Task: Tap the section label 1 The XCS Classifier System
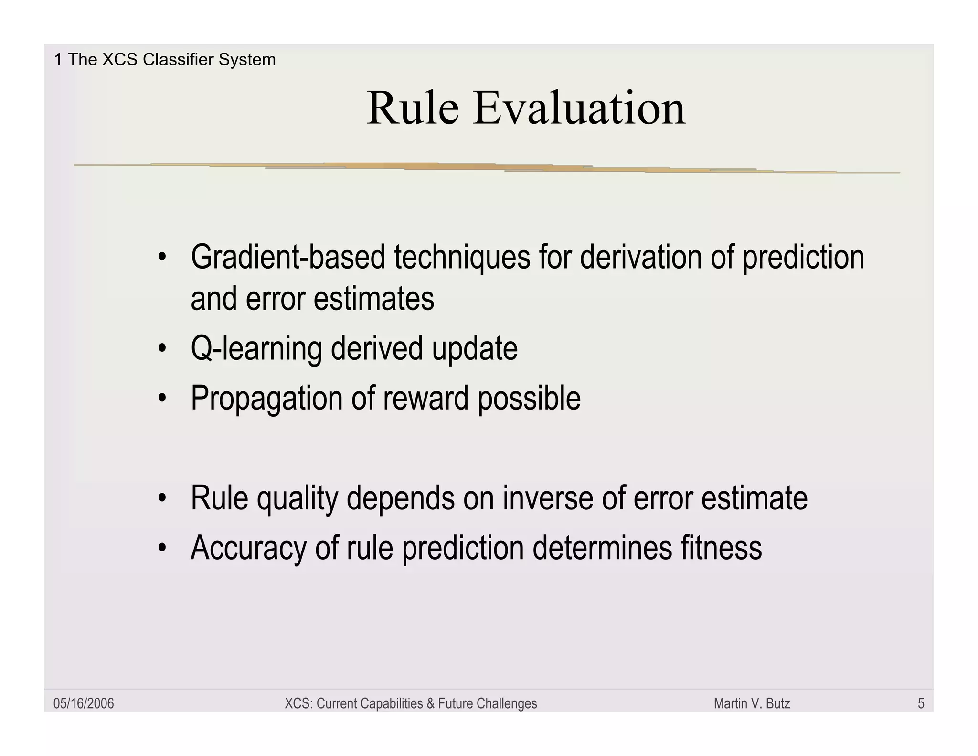[165, 60]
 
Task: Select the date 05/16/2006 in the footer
[84, 703]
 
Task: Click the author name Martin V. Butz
[752, 703]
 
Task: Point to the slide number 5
[921, 703]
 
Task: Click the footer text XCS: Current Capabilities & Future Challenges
[411, 703]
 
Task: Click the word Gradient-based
[287, 257]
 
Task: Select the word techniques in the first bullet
[462, 257]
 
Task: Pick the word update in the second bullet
[475, 349]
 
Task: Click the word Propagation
[266, 399]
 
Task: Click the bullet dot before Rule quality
[162, 499]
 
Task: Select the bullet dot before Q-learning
[162, 349]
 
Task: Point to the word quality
[297, 499]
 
